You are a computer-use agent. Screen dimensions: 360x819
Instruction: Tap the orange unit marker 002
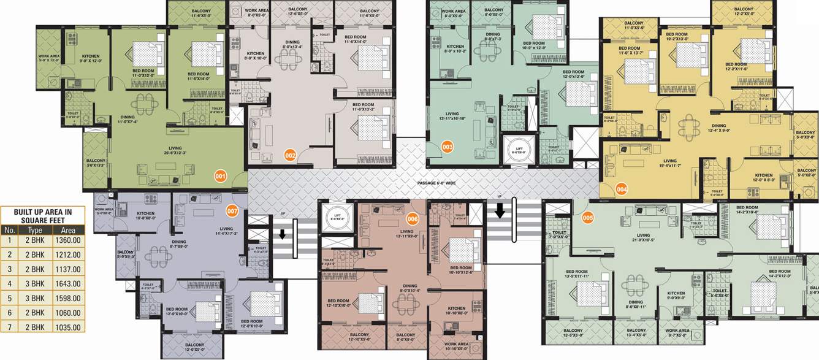coord(291,156)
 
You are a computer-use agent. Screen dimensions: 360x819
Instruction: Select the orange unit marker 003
coord(448,147)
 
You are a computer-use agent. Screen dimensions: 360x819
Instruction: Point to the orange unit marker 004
coord(622,189)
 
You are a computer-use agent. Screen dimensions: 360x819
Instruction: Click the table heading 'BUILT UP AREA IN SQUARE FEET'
coord(43,215)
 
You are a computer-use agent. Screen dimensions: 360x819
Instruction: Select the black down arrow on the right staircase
coord(500,212)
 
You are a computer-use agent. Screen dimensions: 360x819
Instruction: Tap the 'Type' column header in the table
coord(35,229)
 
